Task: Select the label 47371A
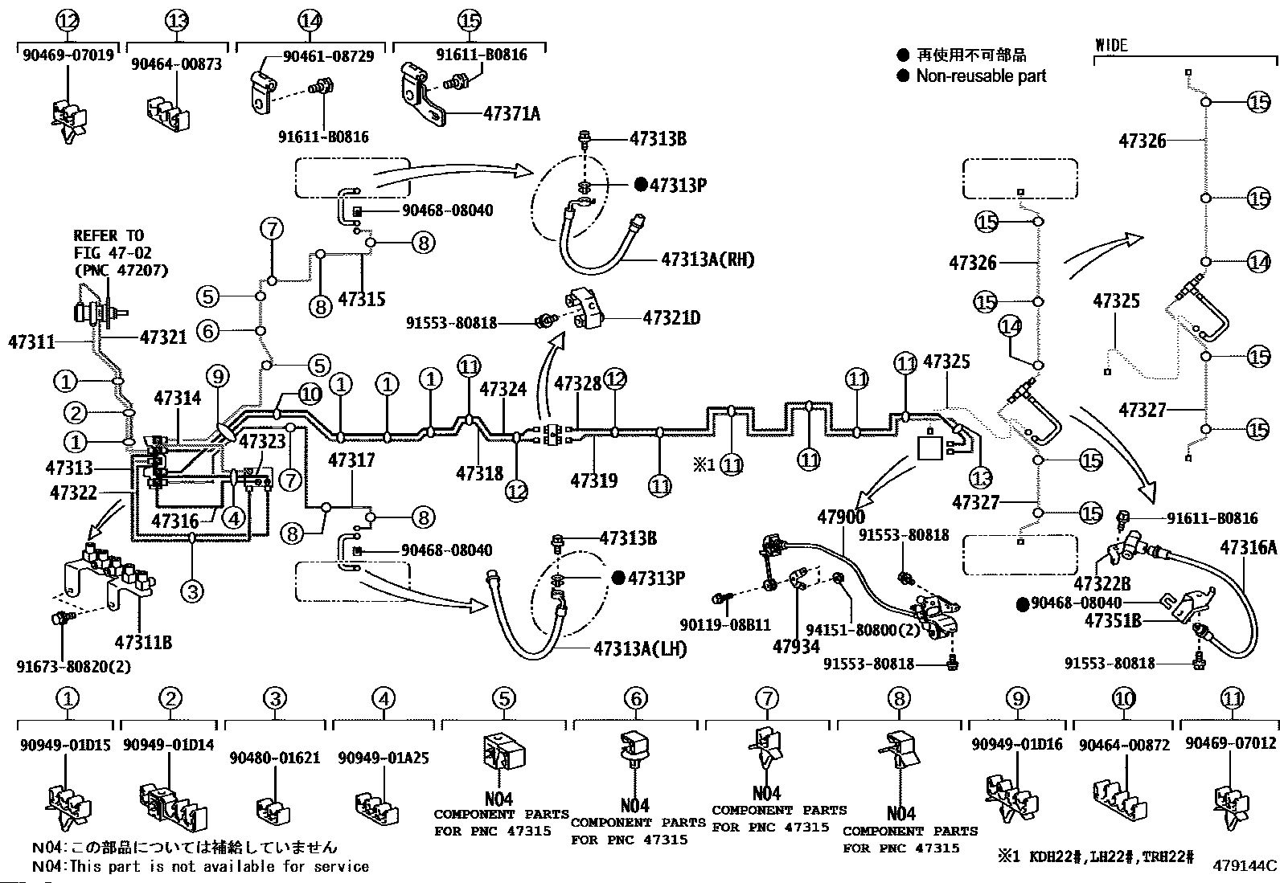[511, 113]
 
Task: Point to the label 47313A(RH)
[708, 260]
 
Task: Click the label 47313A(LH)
[640, 648]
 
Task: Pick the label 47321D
[671, 318]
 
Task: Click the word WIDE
[1111, 45]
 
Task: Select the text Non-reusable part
[981, 76]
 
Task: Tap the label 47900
[841, 517]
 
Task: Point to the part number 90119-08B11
[724, 624]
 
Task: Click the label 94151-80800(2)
[852, 631]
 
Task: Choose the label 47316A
[1248, 548]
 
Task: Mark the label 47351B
[1113, 620]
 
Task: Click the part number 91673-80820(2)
[73, 666]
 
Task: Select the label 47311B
[142, 642]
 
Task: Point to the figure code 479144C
[1245, 865]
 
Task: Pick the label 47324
[503, 389]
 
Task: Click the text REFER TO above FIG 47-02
[109, 235]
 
